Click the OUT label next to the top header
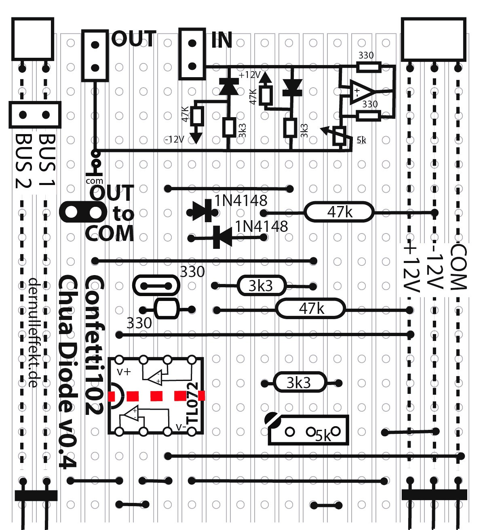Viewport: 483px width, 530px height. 133,39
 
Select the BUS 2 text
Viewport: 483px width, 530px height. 23,162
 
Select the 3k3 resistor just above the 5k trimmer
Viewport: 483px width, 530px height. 299,382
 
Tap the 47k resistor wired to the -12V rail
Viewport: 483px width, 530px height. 339,212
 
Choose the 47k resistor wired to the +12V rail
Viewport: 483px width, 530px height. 310,309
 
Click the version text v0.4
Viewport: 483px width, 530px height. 67,448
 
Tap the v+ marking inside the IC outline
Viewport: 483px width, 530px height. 124,371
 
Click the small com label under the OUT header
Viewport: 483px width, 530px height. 94,181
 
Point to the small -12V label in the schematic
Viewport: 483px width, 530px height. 175,139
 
